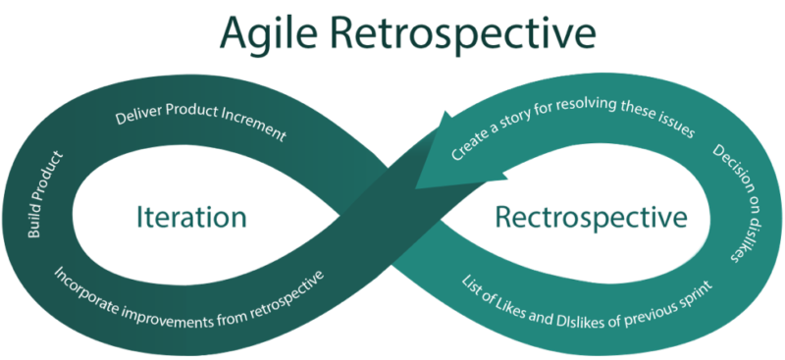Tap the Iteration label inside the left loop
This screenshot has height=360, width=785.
tap(191, 218)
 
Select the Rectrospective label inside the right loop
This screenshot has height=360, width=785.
tap(591, 218)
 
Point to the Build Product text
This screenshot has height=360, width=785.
tap(45, 194)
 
